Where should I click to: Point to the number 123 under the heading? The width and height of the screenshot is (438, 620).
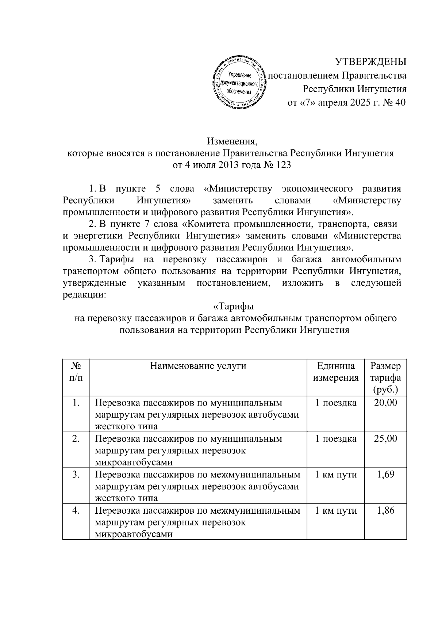pyautogui.click(x=284, y=165)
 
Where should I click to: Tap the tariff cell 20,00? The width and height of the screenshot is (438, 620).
pyautogui.click(x=385, y=403)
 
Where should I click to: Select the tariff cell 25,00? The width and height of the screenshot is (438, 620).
pyautogui.click(x=385, y=438)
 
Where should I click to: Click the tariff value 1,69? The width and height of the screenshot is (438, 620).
pyautogui.click(x=385, y=474)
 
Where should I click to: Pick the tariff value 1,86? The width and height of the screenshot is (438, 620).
pyautogui.click(x=385, y=510)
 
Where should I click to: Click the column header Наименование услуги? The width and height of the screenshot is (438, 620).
pyautogui.click(x=198, y=366)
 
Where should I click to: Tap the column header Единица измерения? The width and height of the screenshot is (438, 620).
pyautogui.click(x=335, y=372)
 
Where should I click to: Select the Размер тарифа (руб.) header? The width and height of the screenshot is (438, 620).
pyautogui.click(x=385, y=377)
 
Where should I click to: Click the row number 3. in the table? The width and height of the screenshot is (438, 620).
pyautogui.click(x=76, y=474)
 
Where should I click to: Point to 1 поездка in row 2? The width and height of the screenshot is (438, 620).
pyautogui.click(x=335, y=438)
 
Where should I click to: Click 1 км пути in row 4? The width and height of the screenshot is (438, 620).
pyautogui.click(x=335, y=510)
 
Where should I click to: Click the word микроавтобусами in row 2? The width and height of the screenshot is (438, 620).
pyautogui.click(x=134, y=463)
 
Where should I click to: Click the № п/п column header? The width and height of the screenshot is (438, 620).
pyautogui.click(x=76, y=372)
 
